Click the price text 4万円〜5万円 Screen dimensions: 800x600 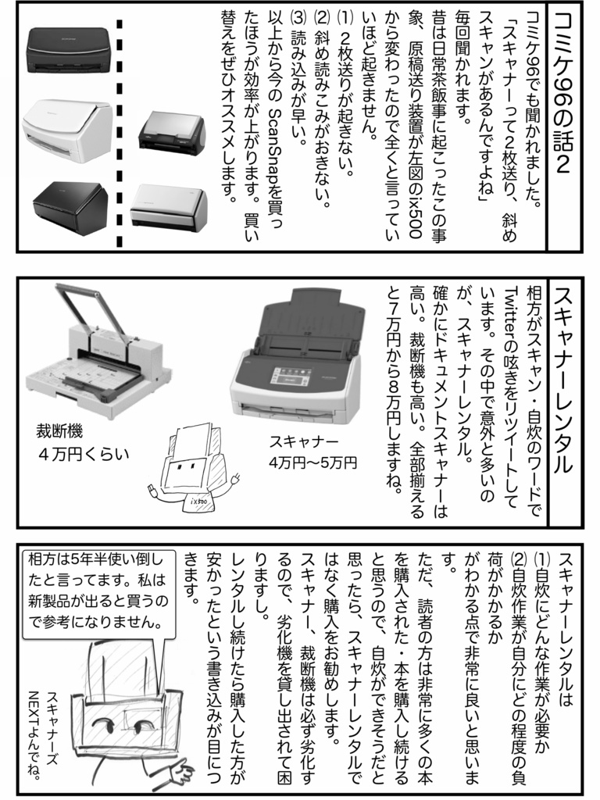[312, 462]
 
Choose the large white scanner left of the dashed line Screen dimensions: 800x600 [66, 128]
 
